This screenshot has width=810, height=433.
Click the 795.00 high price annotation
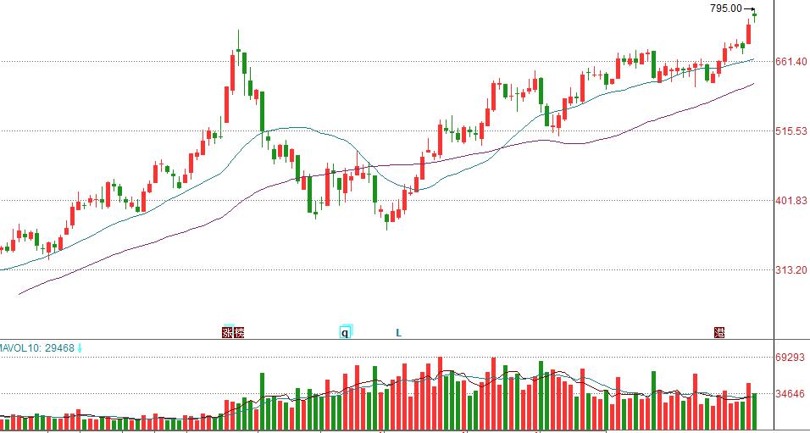pos(725,8)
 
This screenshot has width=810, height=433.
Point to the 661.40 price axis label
pos(791,61)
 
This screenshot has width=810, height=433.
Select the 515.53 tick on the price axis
pos(791,131)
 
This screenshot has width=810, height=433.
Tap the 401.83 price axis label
pos(791,201)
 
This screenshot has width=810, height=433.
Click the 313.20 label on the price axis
pos(791,270)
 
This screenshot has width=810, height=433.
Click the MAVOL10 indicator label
pos(21,347)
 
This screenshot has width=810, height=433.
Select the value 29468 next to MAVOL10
pos(59,347)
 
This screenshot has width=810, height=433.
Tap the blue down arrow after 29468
pos(80,347)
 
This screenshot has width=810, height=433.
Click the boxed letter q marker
pos(345,332)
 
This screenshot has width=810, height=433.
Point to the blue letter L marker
pos(398,333)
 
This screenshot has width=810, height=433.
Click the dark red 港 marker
pos(719,332)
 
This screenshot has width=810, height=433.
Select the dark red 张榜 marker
pos(232,332)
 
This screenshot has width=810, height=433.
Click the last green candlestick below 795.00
pos(754,14)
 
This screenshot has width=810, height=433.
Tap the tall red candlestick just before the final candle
pos(748,34)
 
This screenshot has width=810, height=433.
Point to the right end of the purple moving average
pos(753,84)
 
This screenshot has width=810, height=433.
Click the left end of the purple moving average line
pos(19,294)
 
